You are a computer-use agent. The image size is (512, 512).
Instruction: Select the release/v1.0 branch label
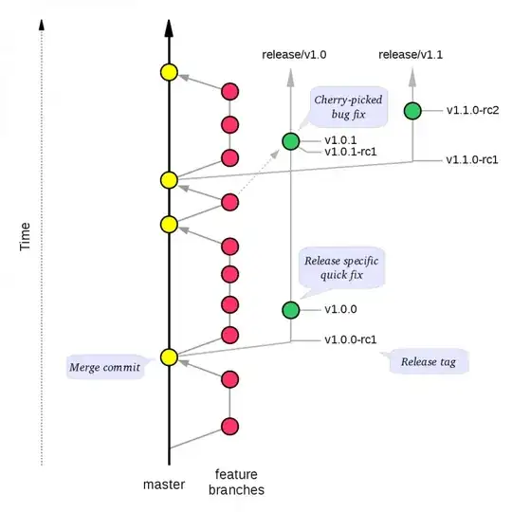tap(294, 56)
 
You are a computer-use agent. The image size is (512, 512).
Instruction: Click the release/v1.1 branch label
tap(410, 56)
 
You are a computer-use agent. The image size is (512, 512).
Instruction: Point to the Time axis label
tap(27, 236)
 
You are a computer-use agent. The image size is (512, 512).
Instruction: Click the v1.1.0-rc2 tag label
tap(473, 110)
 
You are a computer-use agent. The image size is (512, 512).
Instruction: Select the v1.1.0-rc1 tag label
tap(473, 158)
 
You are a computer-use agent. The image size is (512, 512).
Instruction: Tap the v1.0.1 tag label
tap(342, 140)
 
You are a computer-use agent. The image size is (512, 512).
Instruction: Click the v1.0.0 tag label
tap(342, 309)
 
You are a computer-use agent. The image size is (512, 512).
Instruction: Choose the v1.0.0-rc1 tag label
tap(352, 338)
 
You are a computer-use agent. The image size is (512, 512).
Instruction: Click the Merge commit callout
tap(104, 366)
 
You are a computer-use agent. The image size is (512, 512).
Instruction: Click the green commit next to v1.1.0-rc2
tap(412, 111)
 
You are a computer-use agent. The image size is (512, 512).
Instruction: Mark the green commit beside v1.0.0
tap(291, 310)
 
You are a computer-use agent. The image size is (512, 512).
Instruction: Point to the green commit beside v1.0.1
tap(291, 142)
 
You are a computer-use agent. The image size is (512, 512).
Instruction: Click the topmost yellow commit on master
tap(169, 72)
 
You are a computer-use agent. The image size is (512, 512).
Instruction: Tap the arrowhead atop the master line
tap(169, 28)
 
